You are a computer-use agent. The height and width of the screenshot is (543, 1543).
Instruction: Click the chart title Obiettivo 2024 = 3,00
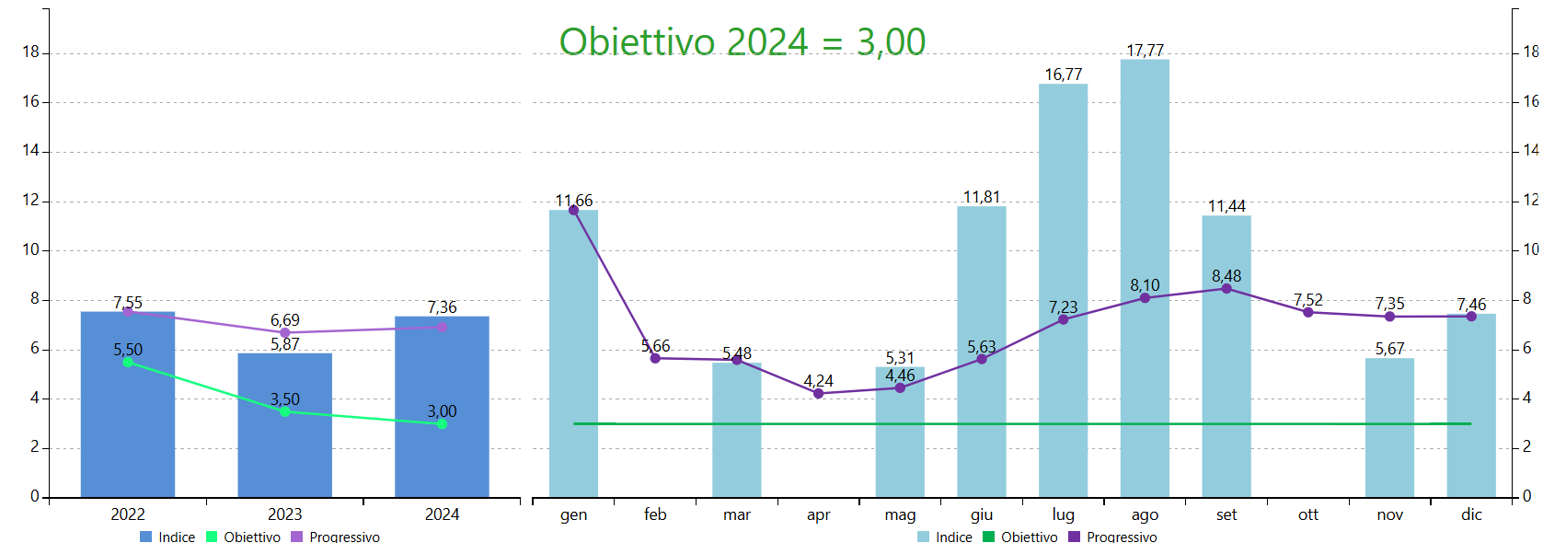[742, 42]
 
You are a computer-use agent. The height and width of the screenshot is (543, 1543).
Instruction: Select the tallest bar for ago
[1145, 276]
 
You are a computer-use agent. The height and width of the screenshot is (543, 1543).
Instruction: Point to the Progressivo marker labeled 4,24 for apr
[818, 394]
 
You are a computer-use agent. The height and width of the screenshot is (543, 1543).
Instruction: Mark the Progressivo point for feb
[655, 358]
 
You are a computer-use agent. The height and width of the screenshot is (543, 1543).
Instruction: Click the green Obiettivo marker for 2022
[128, 363]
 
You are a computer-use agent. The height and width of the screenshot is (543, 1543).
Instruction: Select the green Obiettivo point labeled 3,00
[442, 424]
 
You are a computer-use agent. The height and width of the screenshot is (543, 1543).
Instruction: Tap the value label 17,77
[1145, 51]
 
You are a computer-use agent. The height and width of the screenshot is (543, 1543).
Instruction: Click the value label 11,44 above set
[1226, 206]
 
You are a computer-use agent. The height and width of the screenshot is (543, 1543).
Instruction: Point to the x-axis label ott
[1307, 514]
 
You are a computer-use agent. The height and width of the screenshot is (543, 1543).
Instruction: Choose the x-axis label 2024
[442, 514]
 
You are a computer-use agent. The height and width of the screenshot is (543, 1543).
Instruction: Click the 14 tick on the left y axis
[31, 151]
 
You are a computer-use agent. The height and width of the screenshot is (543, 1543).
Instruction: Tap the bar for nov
[1389, 428]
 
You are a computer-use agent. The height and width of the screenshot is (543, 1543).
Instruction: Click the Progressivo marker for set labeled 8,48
[1226, 289]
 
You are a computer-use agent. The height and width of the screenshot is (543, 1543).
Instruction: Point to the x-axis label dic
[1471, 514]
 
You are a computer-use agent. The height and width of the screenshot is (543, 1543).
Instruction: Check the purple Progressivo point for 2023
[284, 333]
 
